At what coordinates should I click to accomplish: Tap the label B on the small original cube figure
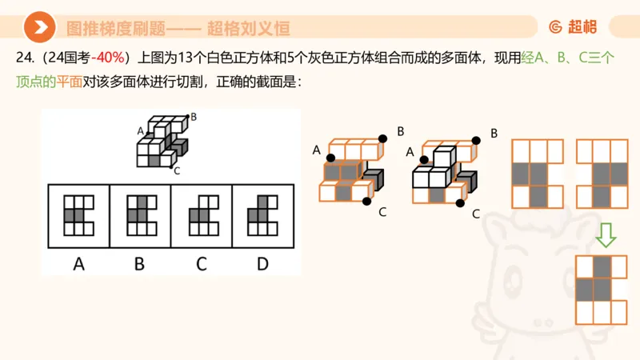tap(194, 117)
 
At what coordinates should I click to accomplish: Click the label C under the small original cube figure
tap(176, 170)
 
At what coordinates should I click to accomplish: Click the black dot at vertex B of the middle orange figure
tap(383, 138)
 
